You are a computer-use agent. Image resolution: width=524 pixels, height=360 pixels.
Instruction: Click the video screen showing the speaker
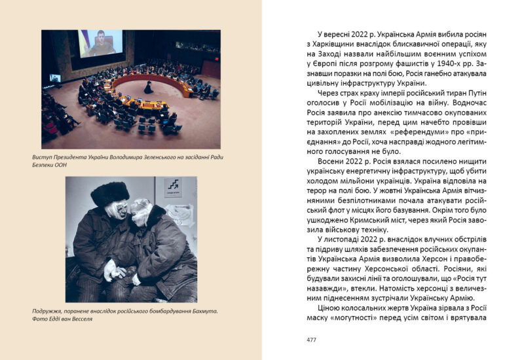click(x=100, y=44)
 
